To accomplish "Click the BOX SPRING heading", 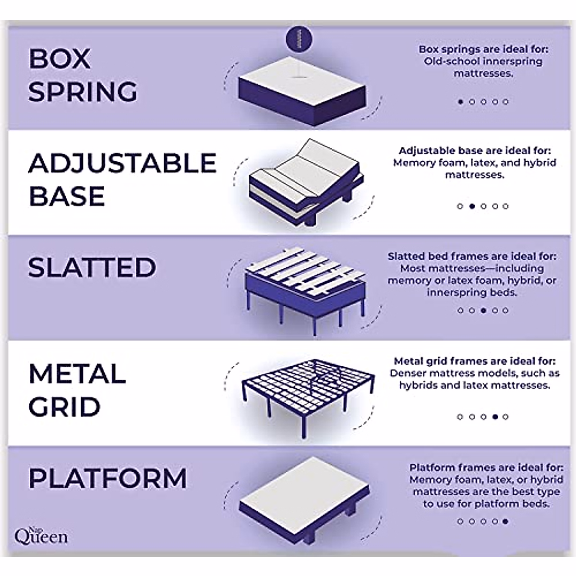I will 83,75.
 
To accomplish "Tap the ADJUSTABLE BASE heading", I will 122,180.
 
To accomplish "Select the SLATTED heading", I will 92,267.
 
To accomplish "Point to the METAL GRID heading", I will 77,390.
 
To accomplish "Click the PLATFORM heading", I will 108,479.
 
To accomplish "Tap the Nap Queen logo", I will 41,535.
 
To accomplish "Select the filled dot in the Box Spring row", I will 461,102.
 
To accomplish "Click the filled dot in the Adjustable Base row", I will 472,206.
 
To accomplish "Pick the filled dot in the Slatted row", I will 483,311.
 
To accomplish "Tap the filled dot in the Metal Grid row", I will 494,417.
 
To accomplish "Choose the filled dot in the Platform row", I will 505,521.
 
